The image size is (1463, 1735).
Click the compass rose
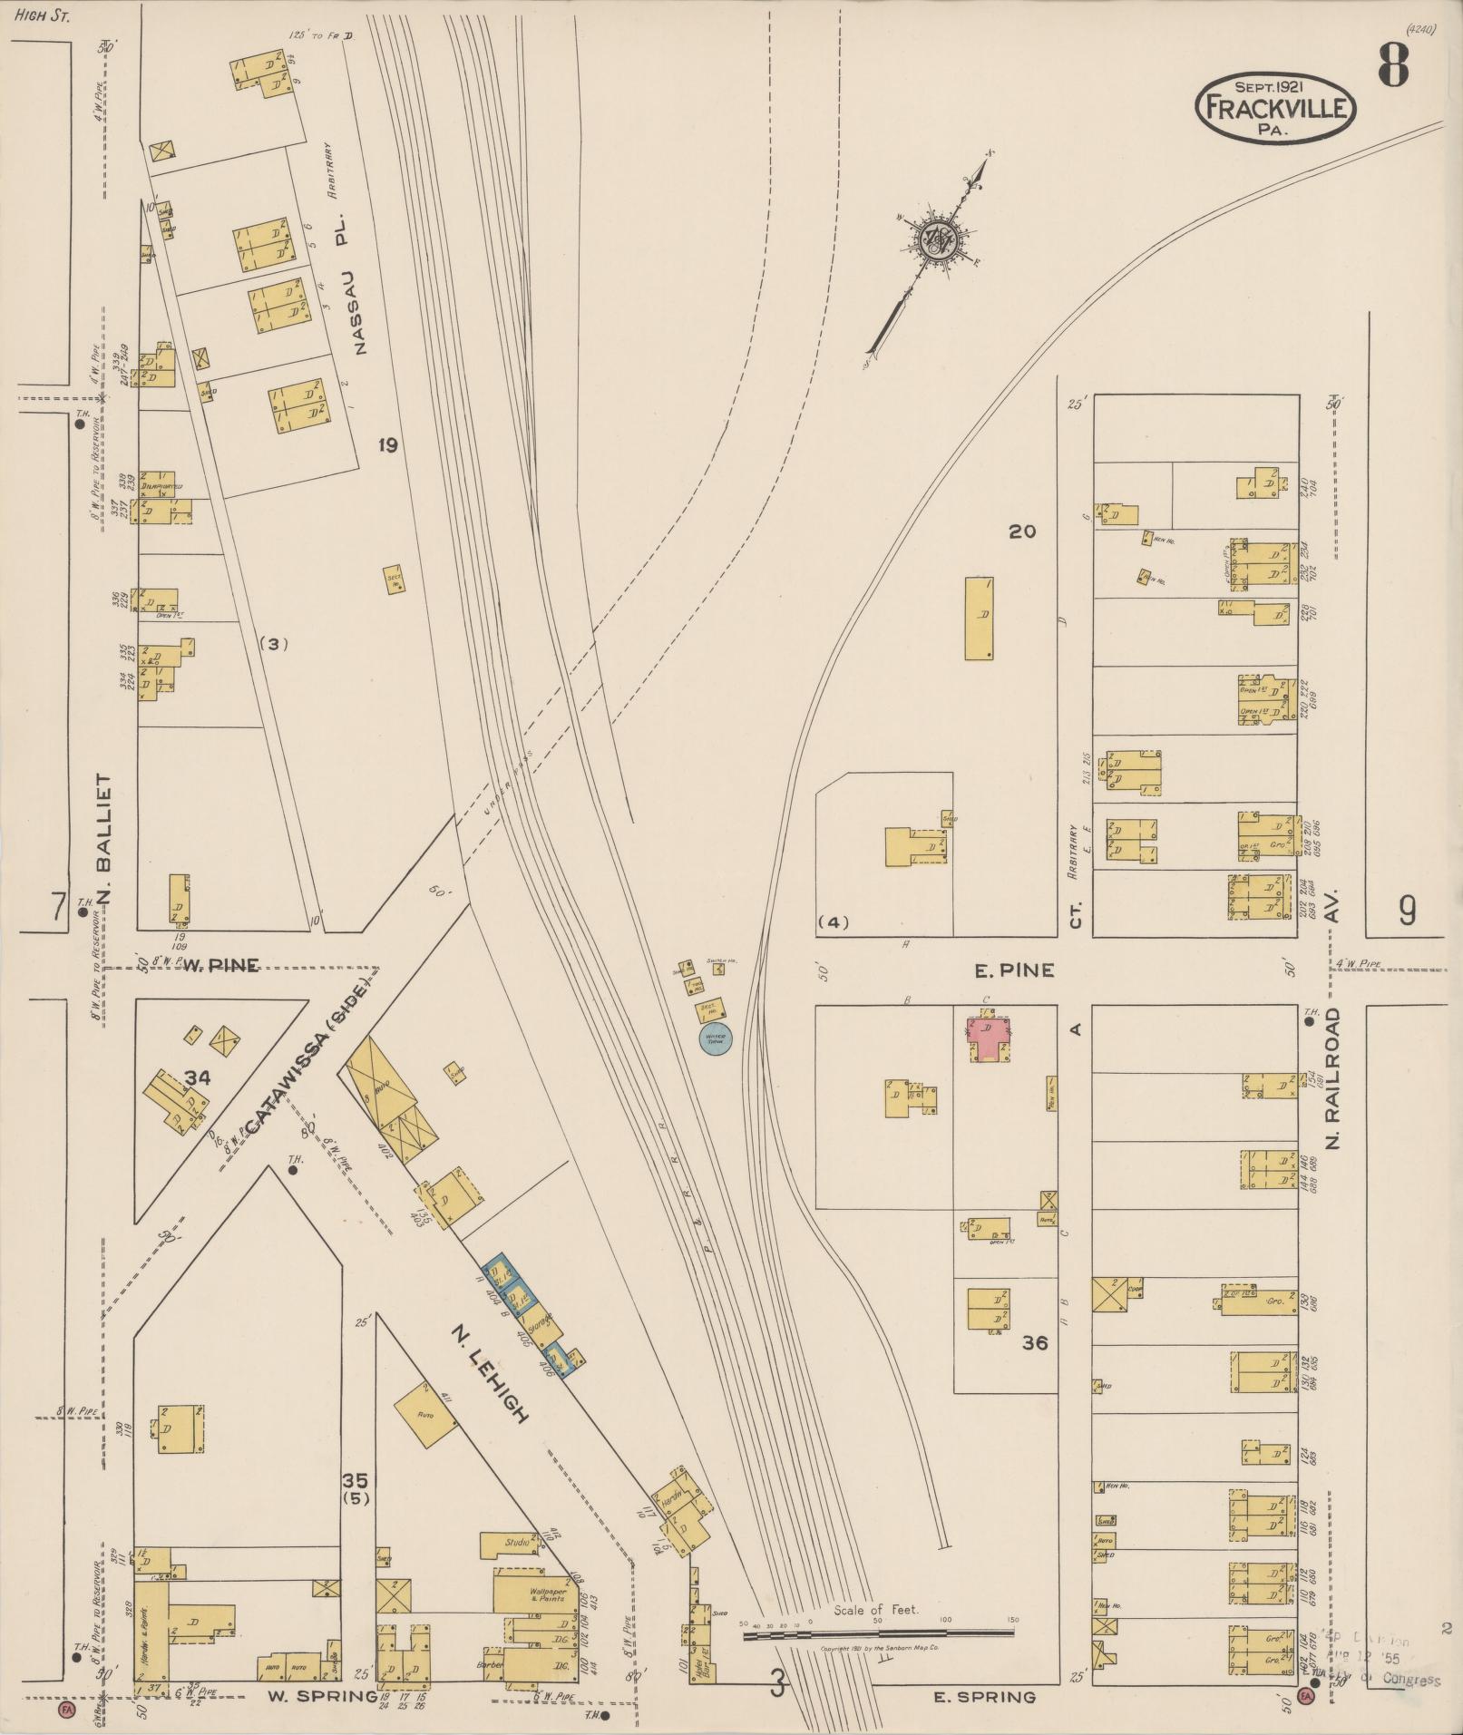[934, 240]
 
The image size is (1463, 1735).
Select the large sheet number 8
[1393, 65]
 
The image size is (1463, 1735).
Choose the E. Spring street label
[983, 1697]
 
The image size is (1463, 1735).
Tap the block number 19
[388, 445]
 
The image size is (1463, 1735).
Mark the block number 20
[1022, 531]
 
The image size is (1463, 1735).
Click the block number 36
[1035, 1342]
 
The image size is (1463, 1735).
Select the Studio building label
[517, 1541]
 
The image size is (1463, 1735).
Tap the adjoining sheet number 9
[1406, 911]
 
